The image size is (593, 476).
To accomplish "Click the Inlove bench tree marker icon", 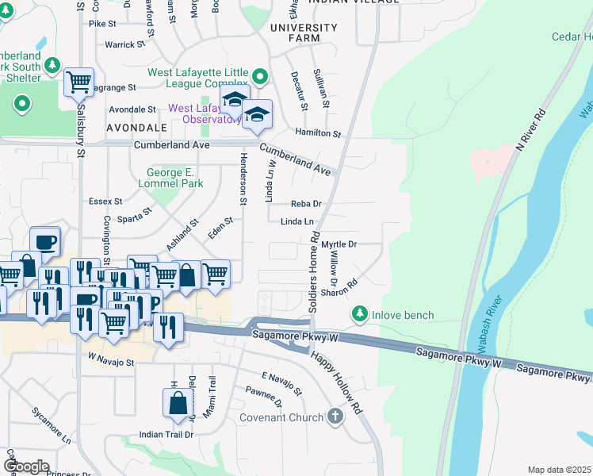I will pos(360,315).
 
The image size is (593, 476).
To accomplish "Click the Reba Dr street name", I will pos(305,204).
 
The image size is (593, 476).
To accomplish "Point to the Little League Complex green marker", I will pos(260,77).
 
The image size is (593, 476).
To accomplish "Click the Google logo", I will pos(27,466).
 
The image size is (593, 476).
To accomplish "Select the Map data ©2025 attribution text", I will pos(558,470).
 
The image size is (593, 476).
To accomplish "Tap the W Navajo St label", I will pos(112,363).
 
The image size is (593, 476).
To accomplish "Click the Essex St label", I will pos(105,202).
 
